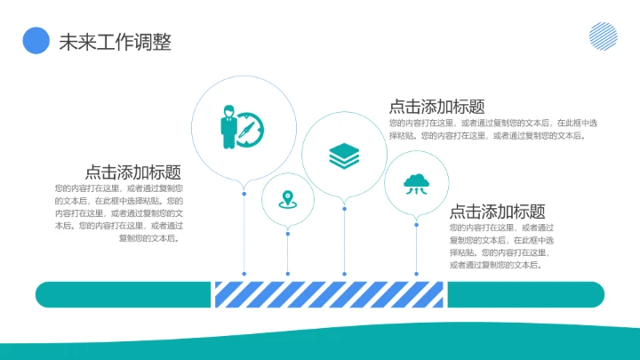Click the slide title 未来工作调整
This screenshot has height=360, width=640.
[x=115, y=42]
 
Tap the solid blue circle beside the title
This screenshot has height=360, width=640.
[x=36, y=40]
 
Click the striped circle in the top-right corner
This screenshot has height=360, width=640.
[x=604, y=36]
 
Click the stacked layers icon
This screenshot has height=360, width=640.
[x=344, y=156]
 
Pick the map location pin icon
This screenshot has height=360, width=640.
[x=287, y=199]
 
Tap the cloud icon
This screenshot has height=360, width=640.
[x=416, y=183]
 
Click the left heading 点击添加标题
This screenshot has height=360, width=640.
[x=133, y=172]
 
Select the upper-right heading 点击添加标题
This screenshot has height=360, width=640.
[x=436, y=107]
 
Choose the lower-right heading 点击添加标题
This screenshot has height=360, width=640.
[x=497, y=212]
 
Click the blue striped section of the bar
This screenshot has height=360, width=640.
[x=329, y=294]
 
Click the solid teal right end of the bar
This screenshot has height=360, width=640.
[x=524, y=294]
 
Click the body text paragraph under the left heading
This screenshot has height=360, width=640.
[x=119, y=213]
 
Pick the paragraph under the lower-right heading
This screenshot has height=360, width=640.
[x=502, y=246]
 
